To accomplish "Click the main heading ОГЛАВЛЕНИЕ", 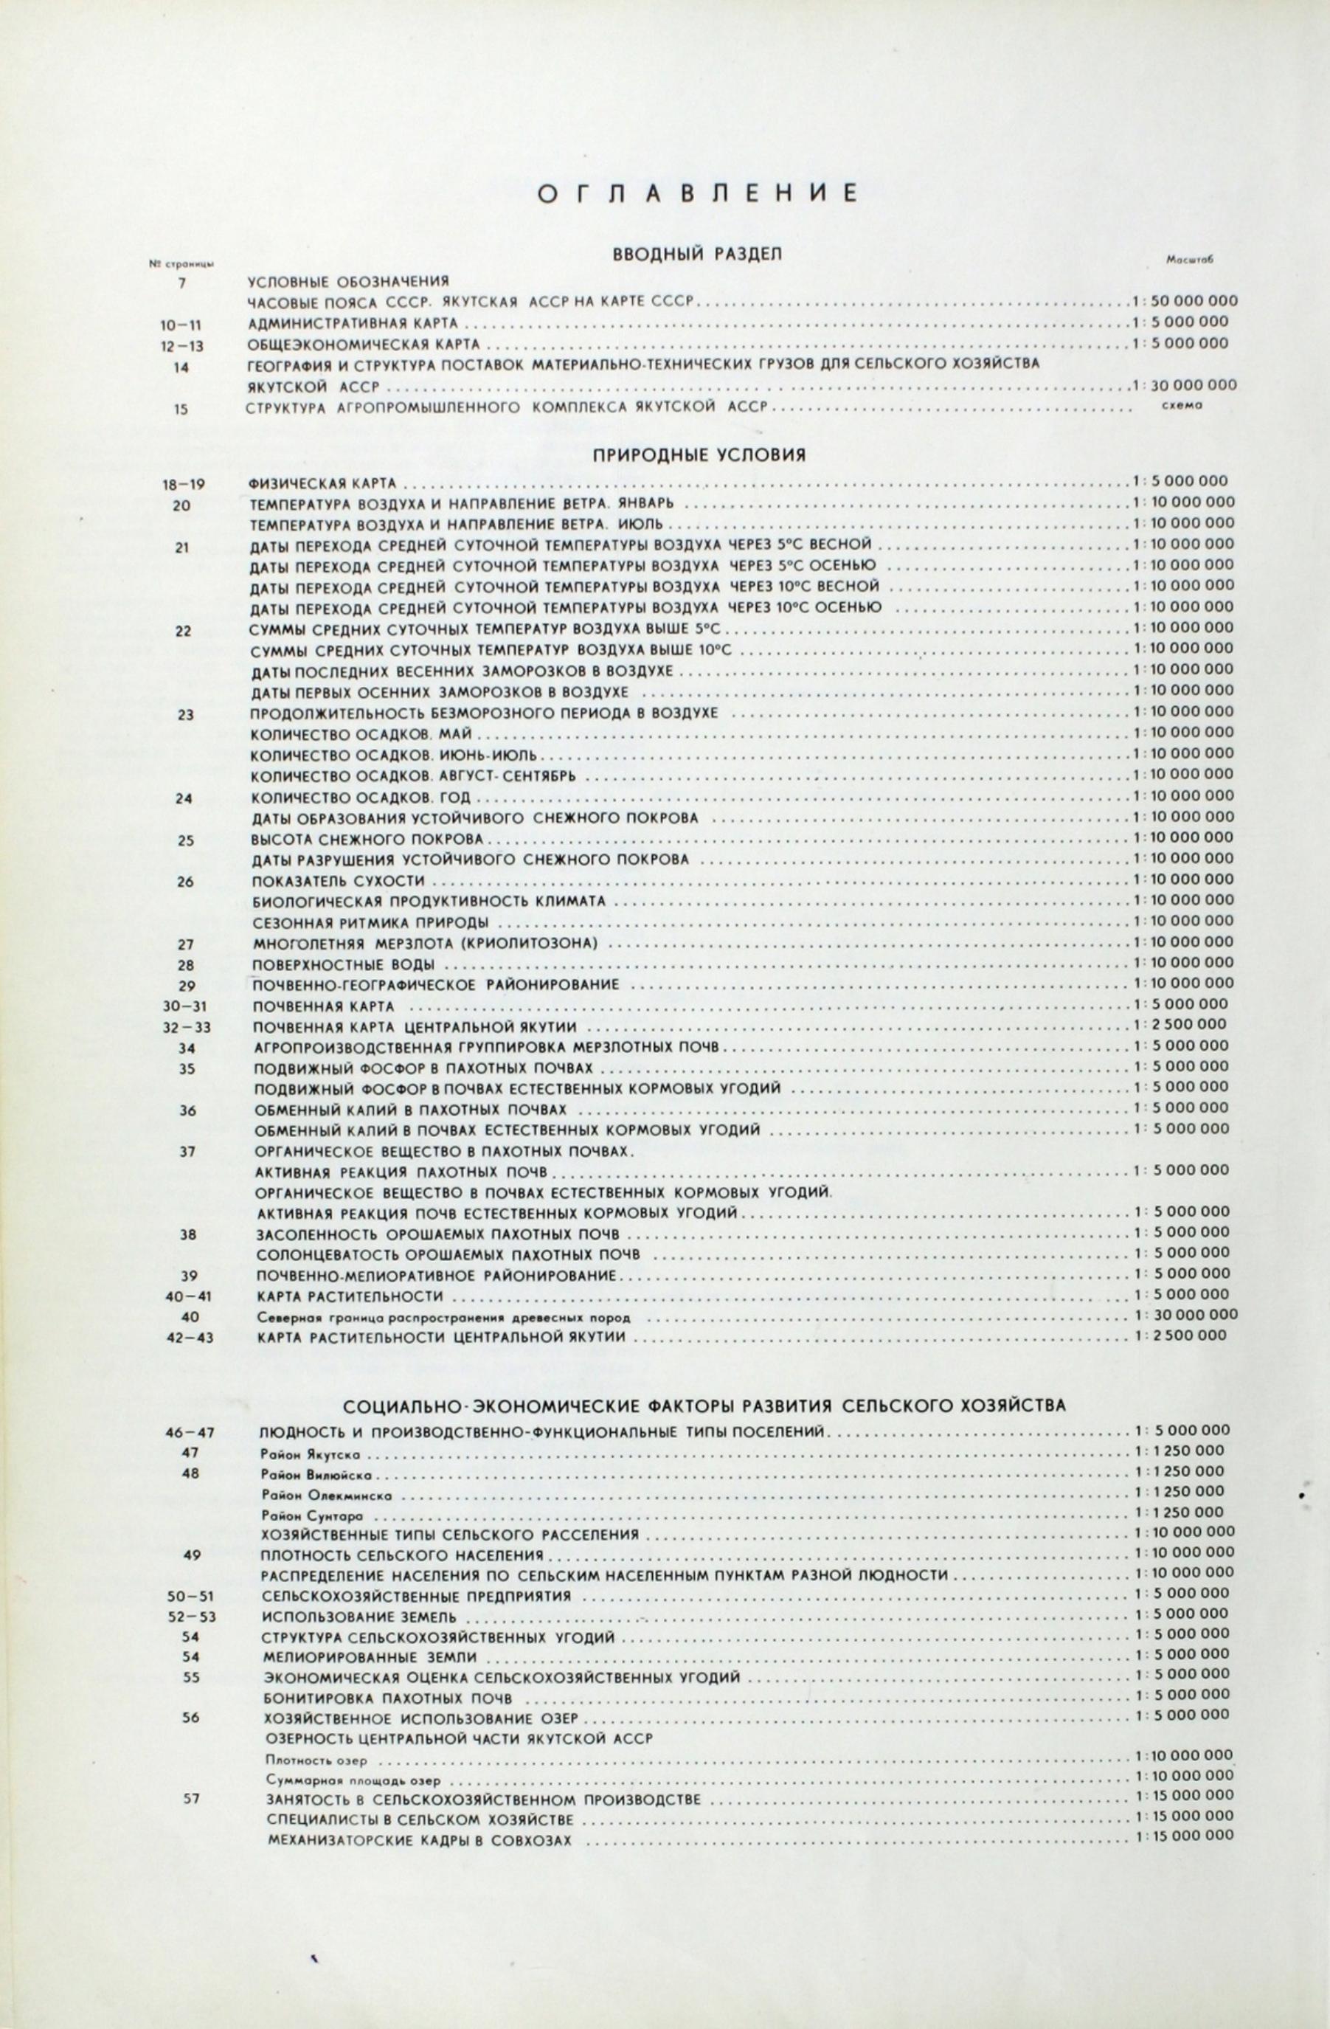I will (697, 193).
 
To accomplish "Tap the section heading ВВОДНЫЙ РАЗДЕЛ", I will (697, 254).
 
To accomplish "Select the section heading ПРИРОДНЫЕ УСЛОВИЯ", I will (699, 455).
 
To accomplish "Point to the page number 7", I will (182, 282).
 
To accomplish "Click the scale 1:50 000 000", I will (1184, 301).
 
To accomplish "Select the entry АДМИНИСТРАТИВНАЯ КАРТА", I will (353, 324).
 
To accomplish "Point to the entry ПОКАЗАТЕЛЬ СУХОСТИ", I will (338, 879).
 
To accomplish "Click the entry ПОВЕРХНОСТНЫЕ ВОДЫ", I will (344, 964).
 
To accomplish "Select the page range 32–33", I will (187, 1027).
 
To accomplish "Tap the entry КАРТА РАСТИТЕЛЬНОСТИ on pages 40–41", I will (350, 1296).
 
